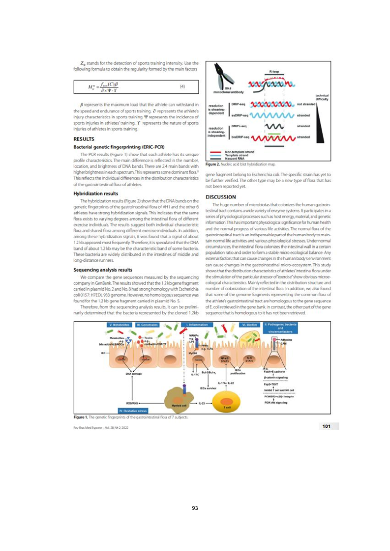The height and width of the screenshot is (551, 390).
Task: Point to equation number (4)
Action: pos(182,87)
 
